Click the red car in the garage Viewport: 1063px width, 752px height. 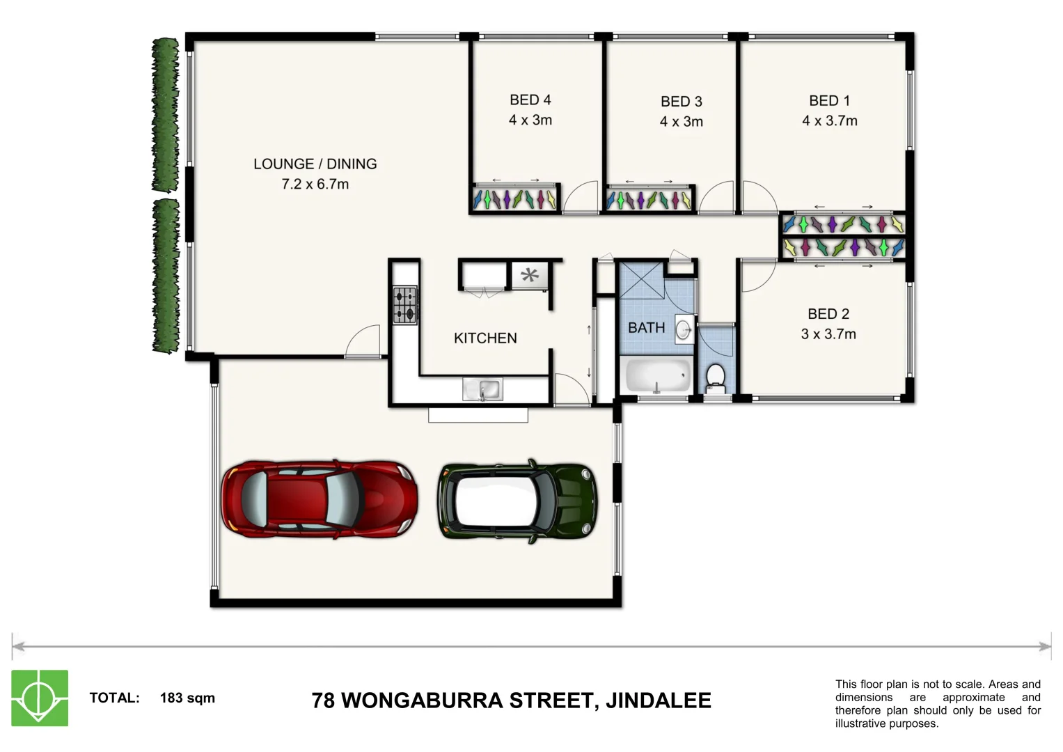[320, 499]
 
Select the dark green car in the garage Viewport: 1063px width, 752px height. [517, 501]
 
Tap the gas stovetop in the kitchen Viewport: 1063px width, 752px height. [405, 306]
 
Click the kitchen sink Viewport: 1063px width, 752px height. [482, 389]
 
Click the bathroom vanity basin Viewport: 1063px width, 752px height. [684, 329]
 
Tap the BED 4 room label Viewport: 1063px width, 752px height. [530, 100]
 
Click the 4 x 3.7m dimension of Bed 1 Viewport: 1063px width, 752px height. [829, 121]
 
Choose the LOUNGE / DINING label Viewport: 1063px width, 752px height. [315, 164]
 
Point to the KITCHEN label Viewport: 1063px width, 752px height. [485, 338]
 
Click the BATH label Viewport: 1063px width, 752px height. [646, 328]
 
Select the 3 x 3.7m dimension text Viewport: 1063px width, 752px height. [828, 334]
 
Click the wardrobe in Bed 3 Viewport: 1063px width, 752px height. [648, 200]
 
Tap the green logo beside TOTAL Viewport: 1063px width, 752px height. [40, 698]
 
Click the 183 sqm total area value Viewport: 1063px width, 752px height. [187, 698]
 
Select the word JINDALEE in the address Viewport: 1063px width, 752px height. [658, 700]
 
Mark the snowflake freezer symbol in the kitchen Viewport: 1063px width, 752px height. [530, 275]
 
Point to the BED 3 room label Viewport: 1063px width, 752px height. [681, 102]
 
